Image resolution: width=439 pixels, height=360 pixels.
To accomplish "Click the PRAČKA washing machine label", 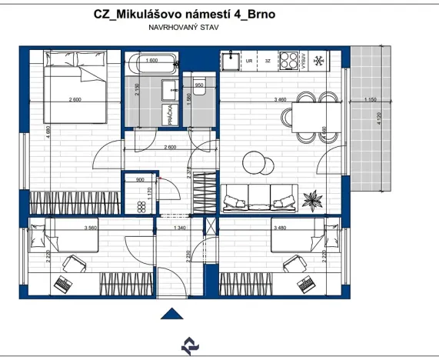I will point(168,116).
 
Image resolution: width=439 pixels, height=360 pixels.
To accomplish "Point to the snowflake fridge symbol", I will point(321,59).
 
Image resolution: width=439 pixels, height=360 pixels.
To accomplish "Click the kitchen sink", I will point(228,59).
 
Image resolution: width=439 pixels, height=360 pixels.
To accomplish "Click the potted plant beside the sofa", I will point(311,200).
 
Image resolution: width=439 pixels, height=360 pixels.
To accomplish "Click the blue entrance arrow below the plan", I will point(175,312).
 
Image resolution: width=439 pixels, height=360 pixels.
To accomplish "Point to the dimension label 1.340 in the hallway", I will point(181,228).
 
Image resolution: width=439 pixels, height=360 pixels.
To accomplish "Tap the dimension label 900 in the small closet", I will point(140,180).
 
